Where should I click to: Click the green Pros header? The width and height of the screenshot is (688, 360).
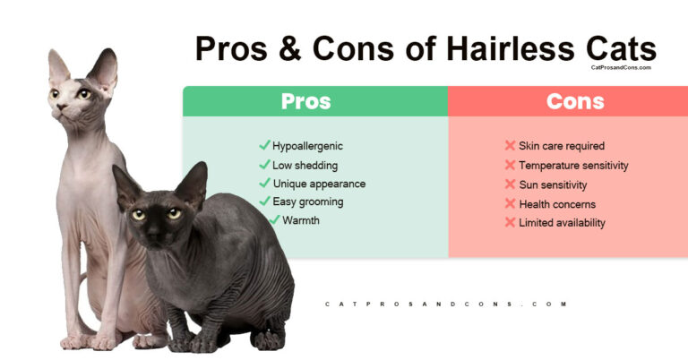pyautogui.click(x=305, y=101)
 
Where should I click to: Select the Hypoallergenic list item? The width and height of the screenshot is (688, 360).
pyautogui.click(x=307, y=146)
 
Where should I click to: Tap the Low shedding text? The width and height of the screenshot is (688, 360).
pyautogui.click(x=304, y=165)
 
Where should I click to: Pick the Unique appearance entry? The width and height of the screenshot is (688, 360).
pyautogui.click(x=319, y=184)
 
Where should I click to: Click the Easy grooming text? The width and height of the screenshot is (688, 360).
pyautogui.click(x=307, y=201)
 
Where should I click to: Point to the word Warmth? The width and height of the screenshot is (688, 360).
pyautogui.click(x=301, y=220)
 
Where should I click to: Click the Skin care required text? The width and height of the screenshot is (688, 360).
pyautogui.click(x=562, y=146)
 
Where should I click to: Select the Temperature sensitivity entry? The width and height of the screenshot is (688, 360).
pyautogui.click(x=573, y=166)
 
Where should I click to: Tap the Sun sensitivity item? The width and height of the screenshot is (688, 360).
pyautogui.click(x=553, y=184)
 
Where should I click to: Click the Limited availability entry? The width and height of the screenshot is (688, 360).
pyautogui.click(x=562, y=222)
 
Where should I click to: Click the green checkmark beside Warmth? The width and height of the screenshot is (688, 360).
pyautogui.click(x=274, y=219)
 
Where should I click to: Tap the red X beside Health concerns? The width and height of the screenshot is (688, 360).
pyautogui.click(x=510, y=203)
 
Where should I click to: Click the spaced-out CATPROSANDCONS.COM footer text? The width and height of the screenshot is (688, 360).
pyautogui.click(x=446, y=304)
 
